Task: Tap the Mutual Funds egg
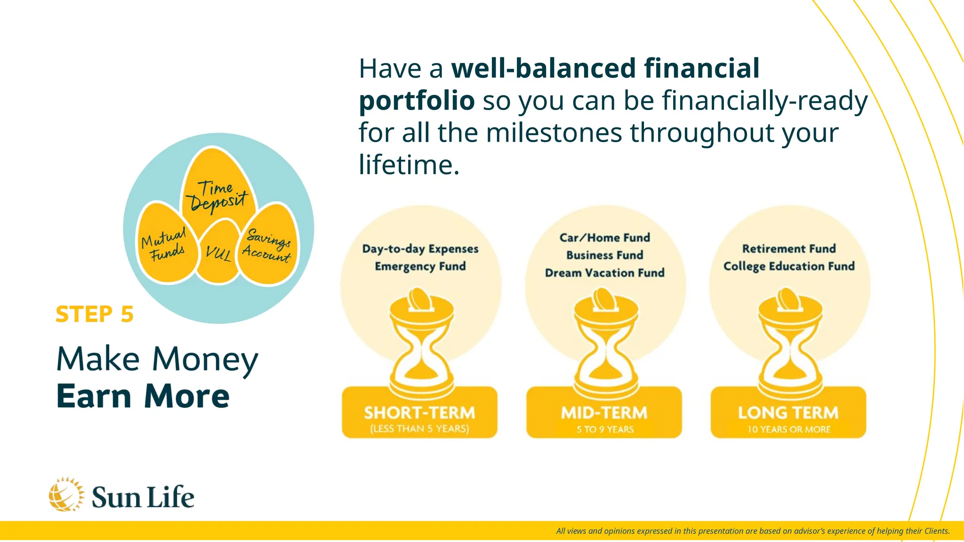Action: click(x=165, y=245)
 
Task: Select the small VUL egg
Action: click(x=218, y=254)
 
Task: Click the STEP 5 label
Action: click(x=95, y=314)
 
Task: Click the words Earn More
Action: click(x=143, y=396)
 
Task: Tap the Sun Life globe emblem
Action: click(x=66, y=494)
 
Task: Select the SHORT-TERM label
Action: click(x=419, y=413)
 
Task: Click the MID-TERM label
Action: click(x=604, y=413)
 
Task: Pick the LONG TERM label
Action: click(x=788, y=413)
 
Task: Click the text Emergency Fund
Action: click(x=420, y=266)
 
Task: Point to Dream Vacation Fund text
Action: click(x=604, y=273)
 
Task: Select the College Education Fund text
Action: click(x=789, y=266)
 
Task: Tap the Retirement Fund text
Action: click(x=789, y=248)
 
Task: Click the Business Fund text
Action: click(x=604, y=255)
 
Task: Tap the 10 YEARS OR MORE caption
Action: click(x=789, y=429)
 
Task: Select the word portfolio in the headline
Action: click(x=417, y=101)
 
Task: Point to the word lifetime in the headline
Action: click(x=409, y=165)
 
